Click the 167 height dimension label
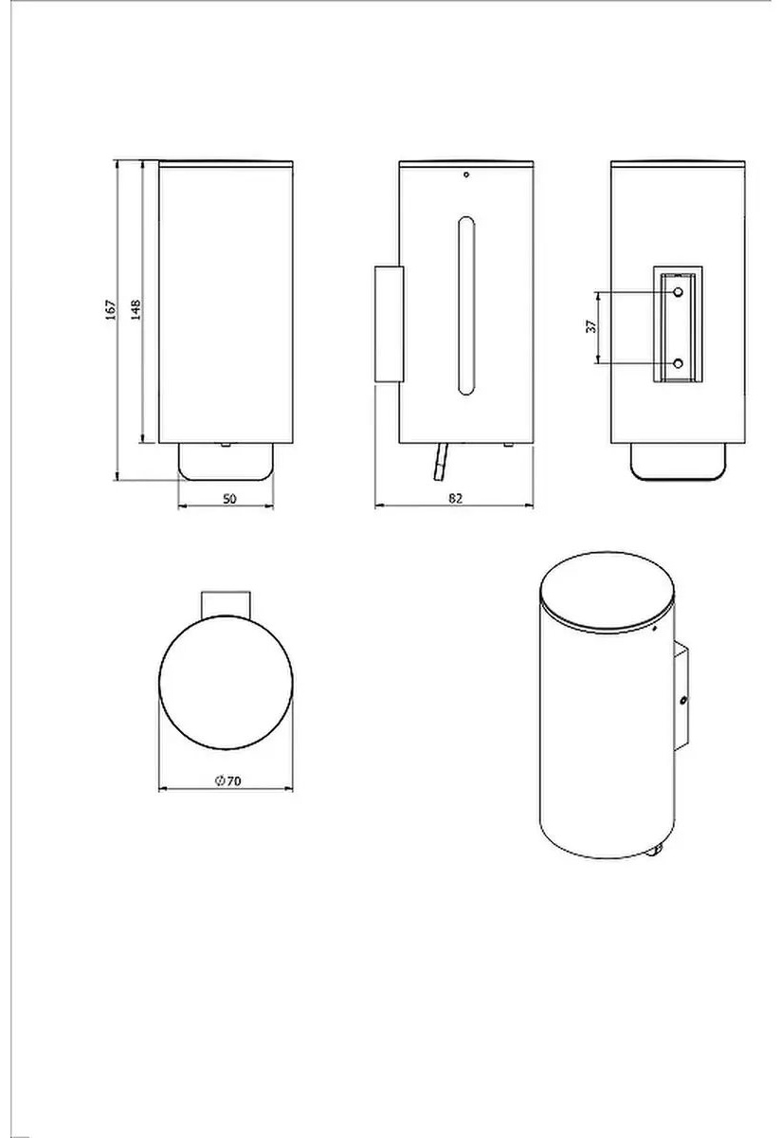[111, 310]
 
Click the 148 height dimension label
[136, 310]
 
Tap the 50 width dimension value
[229, 499]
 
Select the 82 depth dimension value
[456, 499]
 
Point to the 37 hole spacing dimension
[591, 326]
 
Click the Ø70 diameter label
[228, 780]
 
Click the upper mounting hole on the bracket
[679, 292]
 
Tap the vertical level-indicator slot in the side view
[466, 305]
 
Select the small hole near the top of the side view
[466, 174]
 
